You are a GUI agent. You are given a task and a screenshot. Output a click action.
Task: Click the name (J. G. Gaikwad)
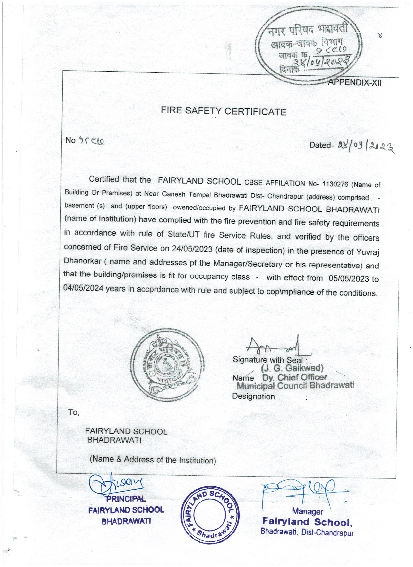coord(292,368)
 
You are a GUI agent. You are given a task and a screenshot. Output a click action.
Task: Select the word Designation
coord(253,397)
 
